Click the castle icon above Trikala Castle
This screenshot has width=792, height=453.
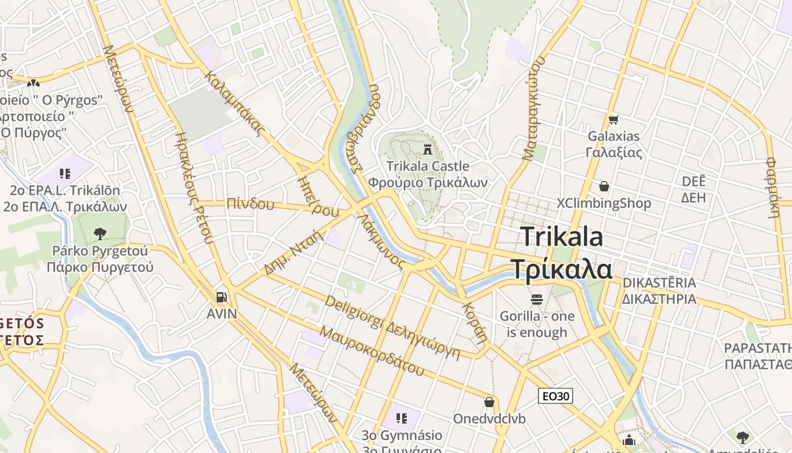click(428, 149)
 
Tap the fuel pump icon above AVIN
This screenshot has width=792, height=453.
click(222, 297)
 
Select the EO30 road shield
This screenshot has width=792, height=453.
click(555, 396)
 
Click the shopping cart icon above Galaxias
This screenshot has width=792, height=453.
click(613, 119)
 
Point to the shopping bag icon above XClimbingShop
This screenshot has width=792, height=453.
click(604, 186)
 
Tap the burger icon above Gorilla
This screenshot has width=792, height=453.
click(536, 298)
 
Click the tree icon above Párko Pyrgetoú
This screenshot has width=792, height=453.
click(100, 233)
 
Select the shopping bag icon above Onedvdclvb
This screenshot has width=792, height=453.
click(489, 402)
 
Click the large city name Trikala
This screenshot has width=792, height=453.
click(561, 236)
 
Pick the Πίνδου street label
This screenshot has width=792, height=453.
click(250, 203)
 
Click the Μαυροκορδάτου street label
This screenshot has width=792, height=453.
click(372, 351)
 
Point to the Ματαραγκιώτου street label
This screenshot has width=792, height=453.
click(535, 108)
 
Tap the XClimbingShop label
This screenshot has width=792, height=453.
click(604, 203)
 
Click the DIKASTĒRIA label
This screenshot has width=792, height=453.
click(659, 283)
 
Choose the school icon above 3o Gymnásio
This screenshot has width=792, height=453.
click(402, 418)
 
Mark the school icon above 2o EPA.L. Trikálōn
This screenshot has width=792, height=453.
click(64, 173)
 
